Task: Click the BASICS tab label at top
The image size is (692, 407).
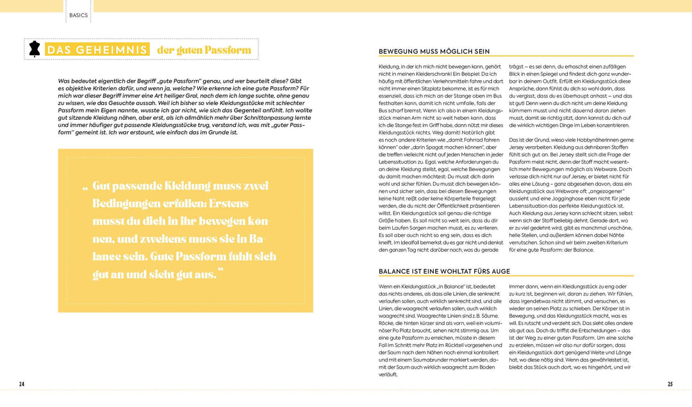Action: click(79, 15)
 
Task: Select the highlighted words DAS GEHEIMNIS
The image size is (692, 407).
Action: click(97, 50)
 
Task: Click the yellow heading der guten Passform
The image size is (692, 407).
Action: click(202, 50)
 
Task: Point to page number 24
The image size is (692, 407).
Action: click(22, 384)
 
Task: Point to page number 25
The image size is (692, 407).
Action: click(670, 384)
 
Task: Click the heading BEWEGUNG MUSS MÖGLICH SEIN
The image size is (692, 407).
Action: click(434, 51)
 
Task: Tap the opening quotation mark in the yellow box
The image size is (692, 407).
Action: click(85, 188)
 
